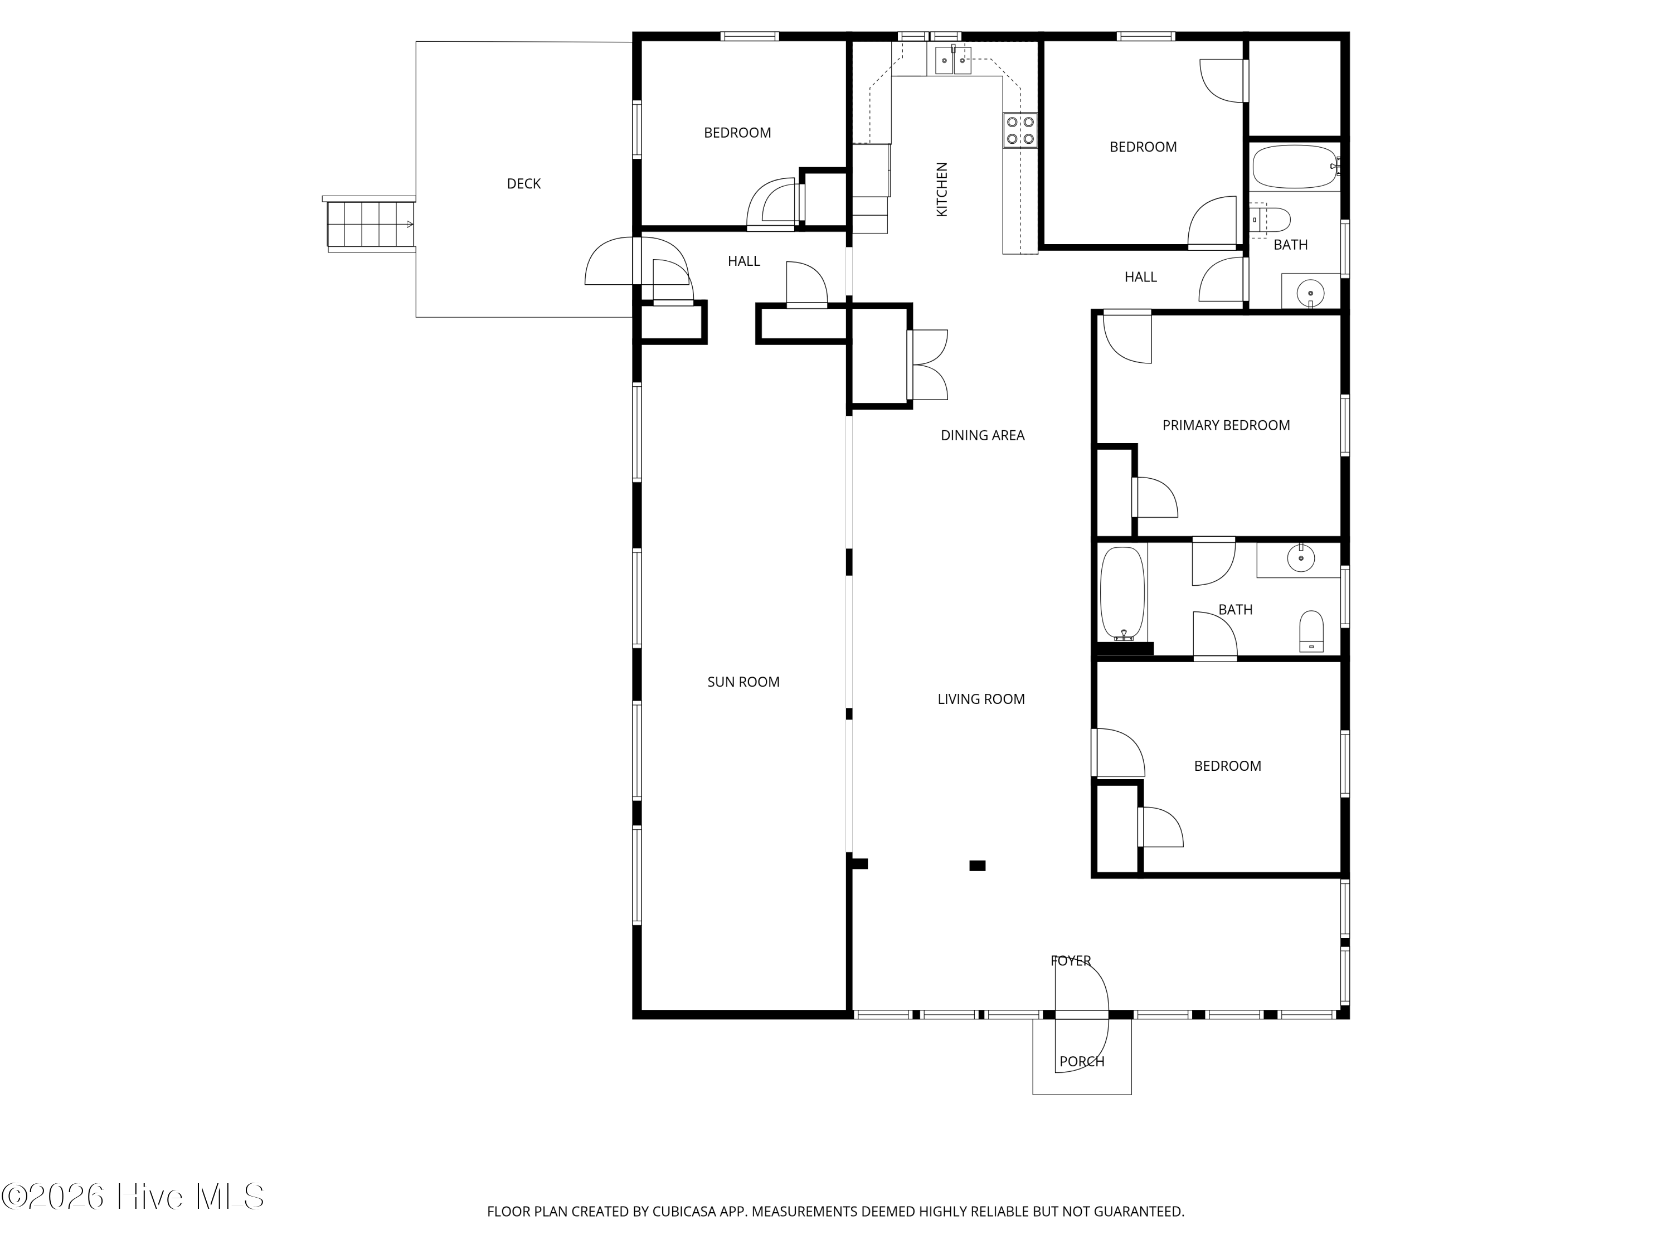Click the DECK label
tap(523, 184)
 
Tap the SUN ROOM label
tap(743, 682)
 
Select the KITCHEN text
tap(942, 189)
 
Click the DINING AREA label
tap(982, 435)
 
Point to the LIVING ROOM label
tap(980, 699)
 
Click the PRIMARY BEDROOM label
tap(1225, 426)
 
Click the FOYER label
tap(1070, 961)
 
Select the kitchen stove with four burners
tap(1020, 130)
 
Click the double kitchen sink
tap(952, 60)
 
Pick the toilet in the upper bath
tap(1271, 220)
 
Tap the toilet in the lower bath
tap(1311, 630)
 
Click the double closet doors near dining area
tap(928, 365)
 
